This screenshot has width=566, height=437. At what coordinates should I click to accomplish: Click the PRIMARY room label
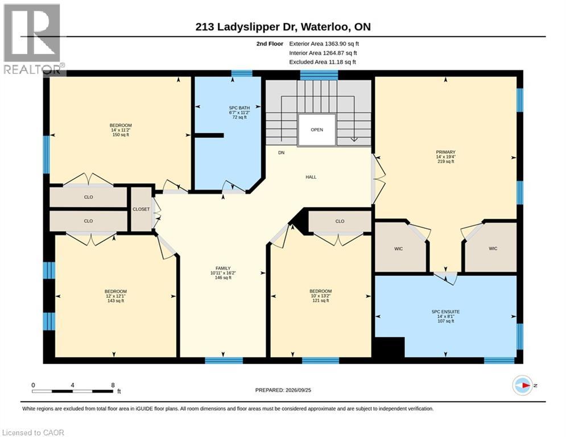coord(445,152)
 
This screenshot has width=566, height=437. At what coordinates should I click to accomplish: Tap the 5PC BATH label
coord(239,108)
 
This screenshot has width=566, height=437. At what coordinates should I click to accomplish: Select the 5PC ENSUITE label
coord(445,311)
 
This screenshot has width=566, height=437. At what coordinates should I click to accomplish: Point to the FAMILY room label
coord(223,268)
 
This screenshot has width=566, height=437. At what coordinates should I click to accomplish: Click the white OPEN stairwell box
coord(317,130)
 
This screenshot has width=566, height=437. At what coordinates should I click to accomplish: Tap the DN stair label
coord(281,152)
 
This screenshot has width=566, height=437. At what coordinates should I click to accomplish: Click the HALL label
coord(311,177)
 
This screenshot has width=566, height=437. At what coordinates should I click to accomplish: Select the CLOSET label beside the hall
coord(141,209)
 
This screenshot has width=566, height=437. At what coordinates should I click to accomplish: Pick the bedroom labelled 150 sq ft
coord(121,130)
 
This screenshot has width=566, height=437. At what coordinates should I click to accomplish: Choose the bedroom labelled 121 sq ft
coord(320,296)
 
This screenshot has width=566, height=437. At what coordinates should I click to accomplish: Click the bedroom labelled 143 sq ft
coord(115,296)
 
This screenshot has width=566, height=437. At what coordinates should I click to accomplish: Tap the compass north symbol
coord(523,385)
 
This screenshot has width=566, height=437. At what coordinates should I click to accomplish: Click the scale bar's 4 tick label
coord(73,385)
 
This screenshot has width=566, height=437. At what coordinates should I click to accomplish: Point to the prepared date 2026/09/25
coord(298,390)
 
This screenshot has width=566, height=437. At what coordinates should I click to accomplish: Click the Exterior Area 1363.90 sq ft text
coord(324,44)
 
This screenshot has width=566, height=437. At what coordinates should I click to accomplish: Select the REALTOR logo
coord(33,39)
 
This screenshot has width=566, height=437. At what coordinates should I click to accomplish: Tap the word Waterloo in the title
coord(325,27)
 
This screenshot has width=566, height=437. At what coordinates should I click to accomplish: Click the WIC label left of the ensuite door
coord(399,249)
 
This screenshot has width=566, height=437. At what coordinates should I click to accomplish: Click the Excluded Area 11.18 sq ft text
coord(323,62)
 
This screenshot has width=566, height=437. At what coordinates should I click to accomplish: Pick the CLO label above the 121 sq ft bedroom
coord(340,221)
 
